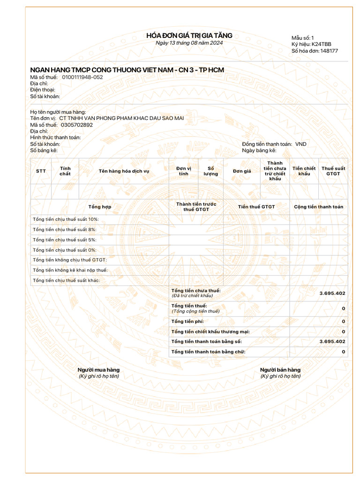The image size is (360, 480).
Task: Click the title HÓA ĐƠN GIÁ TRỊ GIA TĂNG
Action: click(189, 36)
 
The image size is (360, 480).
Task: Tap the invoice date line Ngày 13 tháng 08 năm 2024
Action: click(189, 43)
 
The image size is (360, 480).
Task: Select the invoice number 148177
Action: click(329, 51)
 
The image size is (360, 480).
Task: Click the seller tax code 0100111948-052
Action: click(82, 77)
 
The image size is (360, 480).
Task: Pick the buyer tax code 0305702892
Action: click(77, 125)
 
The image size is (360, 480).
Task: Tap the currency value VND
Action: click(300, 144)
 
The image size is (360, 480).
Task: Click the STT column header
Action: click(41, 171)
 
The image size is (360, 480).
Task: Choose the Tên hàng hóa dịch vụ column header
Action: click(124, 171)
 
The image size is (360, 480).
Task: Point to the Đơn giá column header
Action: click(242, 171)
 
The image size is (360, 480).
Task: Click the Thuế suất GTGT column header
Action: click(333, 171)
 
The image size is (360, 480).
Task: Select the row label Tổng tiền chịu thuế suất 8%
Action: click(65, 229)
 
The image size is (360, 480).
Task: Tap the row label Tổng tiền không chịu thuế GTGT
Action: click(70, 260)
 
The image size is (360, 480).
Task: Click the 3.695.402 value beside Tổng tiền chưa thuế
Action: click(332, 293)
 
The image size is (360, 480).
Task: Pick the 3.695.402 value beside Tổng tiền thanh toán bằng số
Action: click(332, 341)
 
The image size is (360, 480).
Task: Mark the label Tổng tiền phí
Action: click(187, 321)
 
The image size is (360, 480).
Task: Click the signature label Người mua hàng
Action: click(98, 370)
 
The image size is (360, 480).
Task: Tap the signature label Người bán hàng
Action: click(280, 370)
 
